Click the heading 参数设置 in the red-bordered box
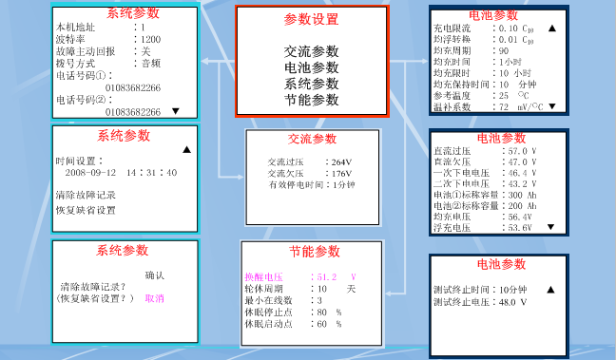[311, 19]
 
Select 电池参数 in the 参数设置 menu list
[311, 67]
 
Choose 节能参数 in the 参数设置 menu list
[311, 100]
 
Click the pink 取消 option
[154, 298]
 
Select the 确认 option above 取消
[154, 275]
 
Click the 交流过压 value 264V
[342, 162]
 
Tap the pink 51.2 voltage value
[327, 276]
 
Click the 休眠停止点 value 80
[323, 312]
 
